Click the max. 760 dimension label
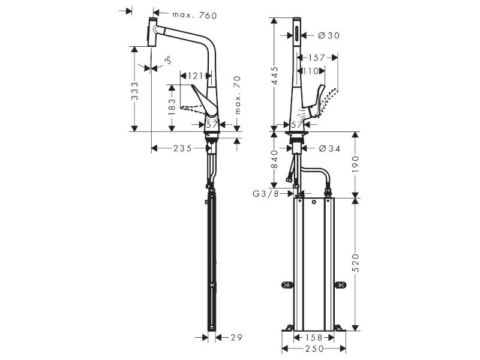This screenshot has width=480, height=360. [194, 15]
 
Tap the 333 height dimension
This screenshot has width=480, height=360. [134, 91]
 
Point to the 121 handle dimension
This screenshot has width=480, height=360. [196, 76]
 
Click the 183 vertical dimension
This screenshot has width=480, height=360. [172, 107]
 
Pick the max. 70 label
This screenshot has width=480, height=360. [238, 95]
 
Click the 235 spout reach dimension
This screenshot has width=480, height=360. [182, 148]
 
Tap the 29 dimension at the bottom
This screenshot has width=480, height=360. [236, 337]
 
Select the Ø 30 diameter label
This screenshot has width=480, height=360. [329, 35]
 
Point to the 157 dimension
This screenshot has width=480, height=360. [317, 58]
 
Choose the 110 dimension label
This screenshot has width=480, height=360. [311, 71]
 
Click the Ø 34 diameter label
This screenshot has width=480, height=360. [329, 148]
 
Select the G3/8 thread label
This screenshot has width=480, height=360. [266, 193]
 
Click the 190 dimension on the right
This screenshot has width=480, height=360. [355, 164]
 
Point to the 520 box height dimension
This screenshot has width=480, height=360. [355, 263]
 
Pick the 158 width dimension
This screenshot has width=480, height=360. [314, 337]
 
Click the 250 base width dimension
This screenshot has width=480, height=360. [314, 349]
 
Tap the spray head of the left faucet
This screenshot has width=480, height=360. [152, 32]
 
